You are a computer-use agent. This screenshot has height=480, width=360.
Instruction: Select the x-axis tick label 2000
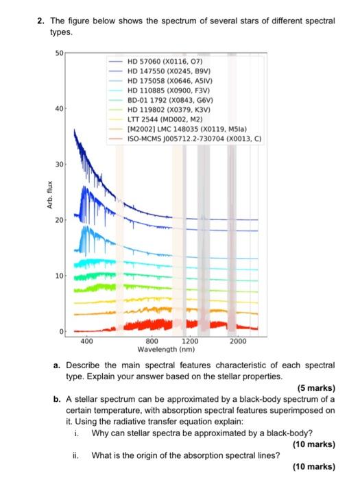[238, 341]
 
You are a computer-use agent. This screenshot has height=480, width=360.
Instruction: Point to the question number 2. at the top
[42, 21]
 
